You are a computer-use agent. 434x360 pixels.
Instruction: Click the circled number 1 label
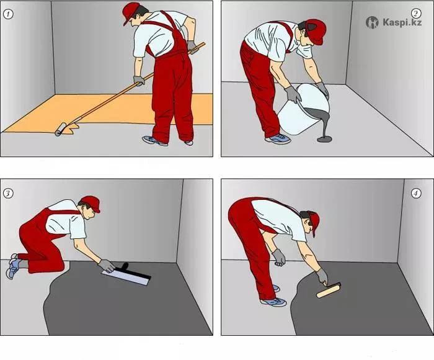(8, 14)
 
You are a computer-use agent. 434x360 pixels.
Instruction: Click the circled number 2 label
(416, 13)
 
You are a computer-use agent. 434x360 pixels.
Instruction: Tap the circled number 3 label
(8, 193)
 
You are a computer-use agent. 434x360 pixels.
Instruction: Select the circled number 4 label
(416, 193)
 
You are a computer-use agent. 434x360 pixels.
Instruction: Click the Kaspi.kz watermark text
(402, 22)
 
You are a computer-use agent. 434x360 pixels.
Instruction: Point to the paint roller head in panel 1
(61, 129)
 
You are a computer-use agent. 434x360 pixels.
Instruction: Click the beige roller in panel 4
(329, 290)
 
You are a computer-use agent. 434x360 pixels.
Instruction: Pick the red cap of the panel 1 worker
(131, 12)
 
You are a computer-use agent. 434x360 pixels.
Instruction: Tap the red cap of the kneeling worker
(91, 203)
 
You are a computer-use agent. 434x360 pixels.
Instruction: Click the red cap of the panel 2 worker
(316, 31)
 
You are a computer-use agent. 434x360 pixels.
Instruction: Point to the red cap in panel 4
(313, 222)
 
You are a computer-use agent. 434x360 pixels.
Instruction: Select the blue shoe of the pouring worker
(278, 138)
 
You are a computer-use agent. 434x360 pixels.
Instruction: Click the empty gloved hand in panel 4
(278, 258)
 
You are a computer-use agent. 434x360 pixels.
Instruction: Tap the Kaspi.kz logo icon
(372, 22)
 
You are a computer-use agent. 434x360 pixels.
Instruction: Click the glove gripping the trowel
(107, 266)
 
